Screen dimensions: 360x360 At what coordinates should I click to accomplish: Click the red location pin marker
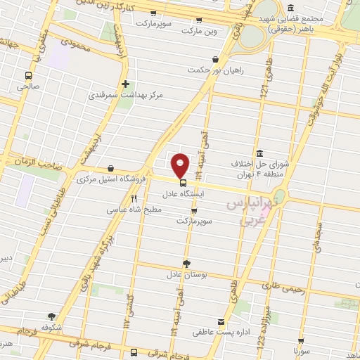(x=181, y=165)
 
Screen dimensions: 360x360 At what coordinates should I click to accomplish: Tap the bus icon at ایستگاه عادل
(x=183, y=183)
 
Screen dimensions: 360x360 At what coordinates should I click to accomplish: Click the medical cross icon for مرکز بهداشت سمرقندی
(x=125, y=84)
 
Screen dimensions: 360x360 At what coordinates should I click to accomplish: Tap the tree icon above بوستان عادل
(x=186, y=263)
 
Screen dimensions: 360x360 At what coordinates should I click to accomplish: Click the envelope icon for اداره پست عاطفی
(x=222, y=321)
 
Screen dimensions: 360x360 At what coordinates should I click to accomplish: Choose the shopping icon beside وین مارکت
(x=199, y=20)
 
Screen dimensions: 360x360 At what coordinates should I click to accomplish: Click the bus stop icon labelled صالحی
(x=28, y=75)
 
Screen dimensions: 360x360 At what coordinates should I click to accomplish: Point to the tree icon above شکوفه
(x=51, y=316)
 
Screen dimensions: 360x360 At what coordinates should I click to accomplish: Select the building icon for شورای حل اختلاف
(x=259, y=154)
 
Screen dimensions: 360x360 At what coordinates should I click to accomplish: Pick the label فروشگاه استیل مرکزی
(x=112, y=179)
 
